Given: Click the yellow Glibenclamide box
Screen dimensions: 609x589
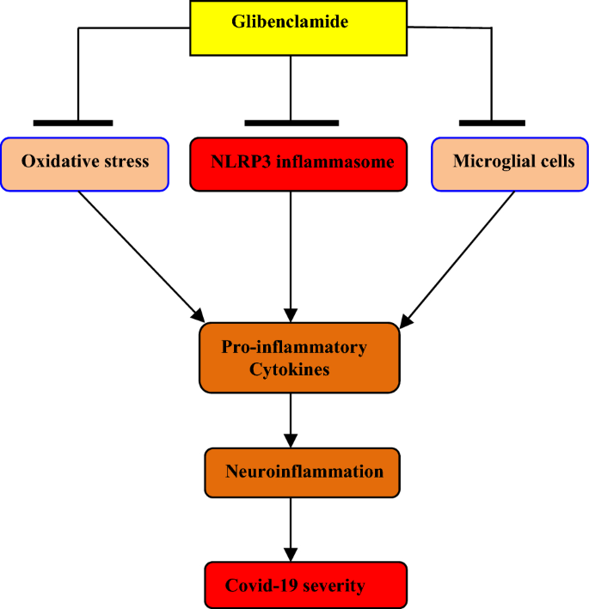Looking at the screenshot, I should (298, 29).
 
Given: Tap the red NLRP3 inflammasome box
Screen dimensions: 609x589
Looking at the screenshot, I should (291, 161).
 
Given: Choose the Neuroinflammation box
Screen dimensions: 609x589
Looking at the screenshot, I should (303, 472).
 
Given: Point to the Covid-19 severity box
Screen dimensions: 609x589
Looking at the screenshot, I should (304, 585).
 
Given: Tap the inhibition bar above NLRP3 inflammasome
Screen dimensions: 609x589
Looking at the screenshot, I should (291, 123).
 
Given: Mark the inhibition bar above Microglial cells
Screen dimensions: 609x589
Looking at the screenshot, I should (492, 123).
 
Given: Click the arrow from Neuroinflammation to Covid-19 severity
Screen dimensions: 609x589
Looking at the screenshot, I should (292, 528).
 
